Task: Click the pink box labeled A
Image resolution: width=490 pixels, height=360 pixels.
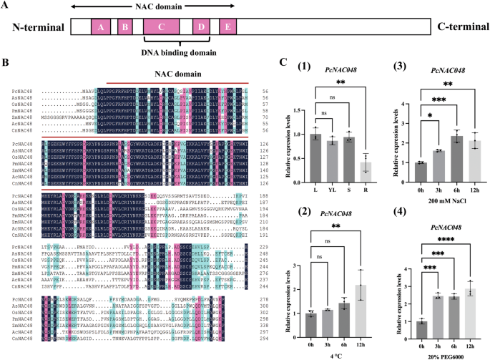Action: [x=102, y=27]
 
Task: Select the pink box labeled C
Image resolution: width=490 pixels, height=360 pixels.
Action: [x=162, y=27]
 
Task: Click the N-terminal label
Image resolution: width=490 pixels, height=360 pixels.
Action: [x=35, y=27]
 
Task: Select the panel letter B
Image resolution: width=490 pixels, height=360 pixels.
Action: [x=6, y=63]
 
